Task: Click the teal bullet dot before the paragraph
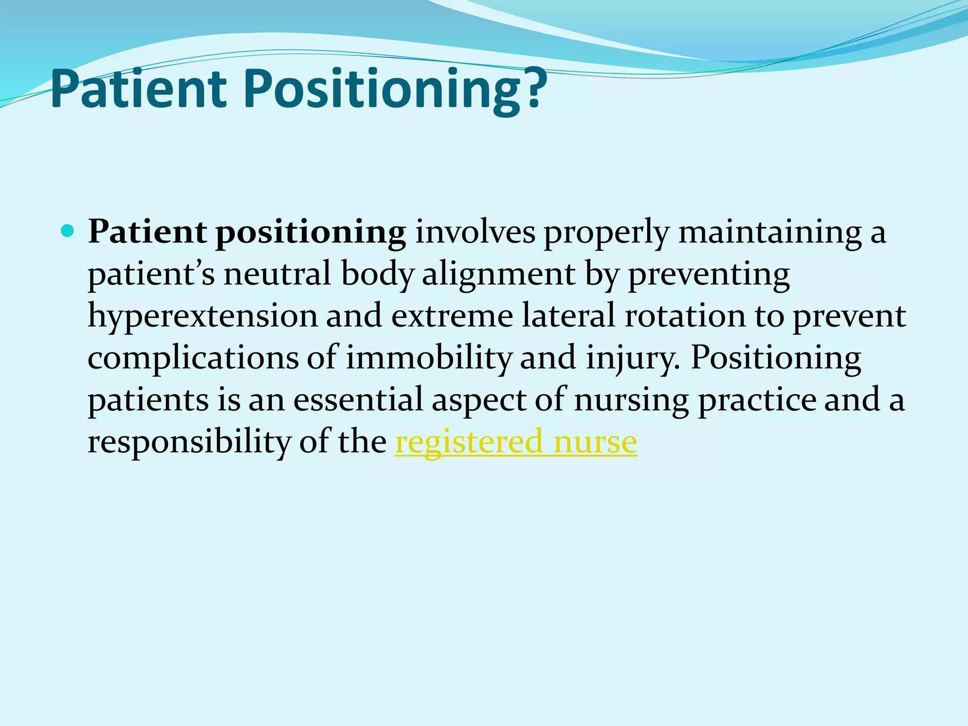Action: click(x=68, y=231)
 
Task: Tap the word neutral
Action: click(x=277, y=274)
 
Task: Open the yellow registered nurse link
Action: click(x=516, y=442)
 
